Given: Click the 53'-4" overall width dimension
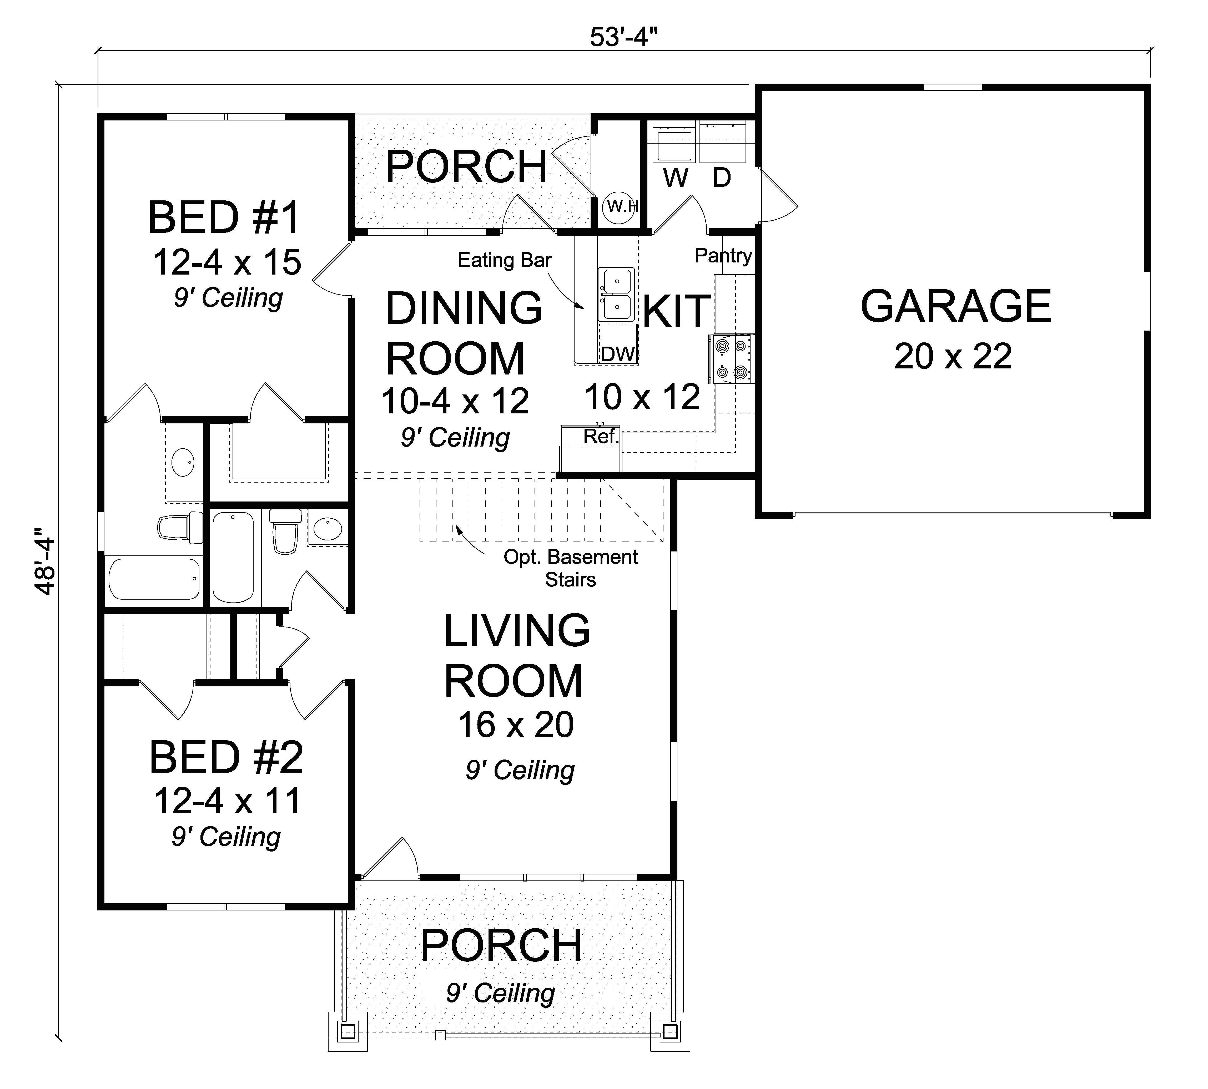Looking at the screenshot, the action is pos(624,37).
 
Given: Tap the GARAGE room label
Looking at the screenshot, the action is pos(955,306).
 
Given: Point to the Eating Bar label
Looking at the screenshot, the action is pos(504,260).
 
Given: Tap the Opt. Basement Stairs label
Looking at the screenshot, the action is pos(571,568).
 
